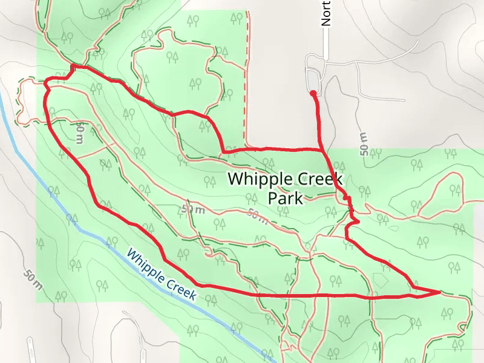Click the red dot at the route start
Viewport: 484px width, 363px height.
[313, 93]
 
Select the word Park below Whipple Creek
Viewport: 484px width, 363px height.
[285, 198]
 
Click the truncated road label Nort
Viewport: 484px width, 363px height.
[327, 13]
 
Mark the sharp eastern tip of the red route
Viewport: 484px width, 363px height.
[439, 292]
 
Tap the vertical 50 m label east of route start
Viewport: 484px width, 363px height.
[363, 144]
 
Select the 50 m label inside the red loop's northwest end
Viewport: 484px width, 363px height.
[79, 132]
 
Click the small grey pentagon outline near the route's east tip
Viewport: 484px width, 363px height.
[380, 280]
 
